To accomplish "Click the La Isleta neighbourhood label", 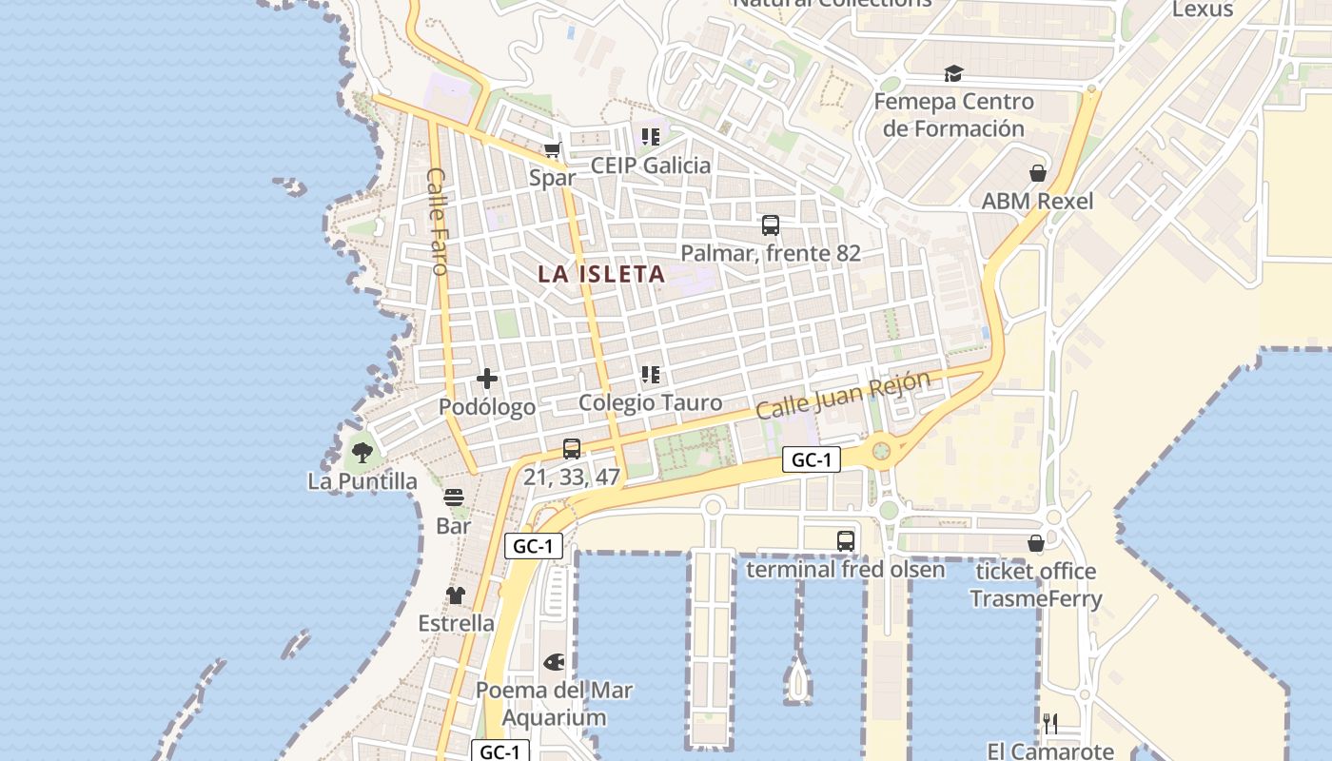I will [600, 274].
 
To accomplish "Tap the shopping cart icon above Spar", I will [552, 150].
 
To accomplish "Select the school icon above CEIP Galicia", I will [651, 137].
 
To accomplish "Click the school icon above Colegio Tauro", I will [651, 375].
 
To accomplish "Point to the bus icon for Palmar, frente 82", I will [771, 225].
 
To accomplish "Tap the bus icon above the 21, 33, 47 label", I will [572, 449].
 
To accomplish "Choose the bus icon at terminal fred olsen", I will [846, 541].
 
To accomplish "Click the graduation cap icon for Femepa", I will [953, 74].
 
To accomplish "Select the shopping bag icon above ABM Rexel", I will [1037, 173].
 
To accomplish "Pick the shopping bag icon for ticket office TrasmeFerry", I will [1036, 543].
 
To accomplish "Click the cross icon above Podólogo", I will [487, 379].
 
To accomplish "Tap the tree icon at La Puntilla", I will [362, 453].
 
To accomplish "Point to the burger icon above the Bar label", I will [454, 498].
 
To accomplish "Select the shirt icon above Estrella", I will [456, 595].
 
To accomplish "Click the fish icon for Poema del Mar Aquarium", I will [554, 662].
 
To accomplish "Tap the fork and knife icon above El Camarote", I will [1050, 724].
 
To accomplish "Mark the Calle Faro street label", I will [438, 222].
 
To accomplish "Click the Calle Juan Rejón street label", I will [843, 395].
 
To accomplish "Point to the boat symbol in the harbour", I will [797, 680].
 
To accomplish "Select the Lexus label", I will [1203, 10].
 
